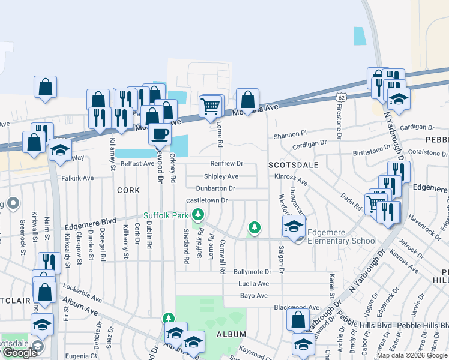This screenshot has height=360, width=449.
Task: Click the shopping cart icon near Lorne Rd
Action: pos(209,107)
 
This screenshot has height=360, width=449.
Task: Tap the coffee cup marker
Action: pos(160,133)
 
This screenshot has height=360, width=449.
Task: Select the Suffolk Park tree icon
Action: pos(197,214)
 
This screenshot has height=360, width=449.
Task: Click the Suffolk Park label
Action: pos(166,215)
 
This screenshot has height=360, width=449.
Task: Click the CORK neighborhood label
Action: pos(128,190)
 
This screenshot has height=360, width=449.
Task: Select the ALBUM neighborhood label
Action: pos(231,334)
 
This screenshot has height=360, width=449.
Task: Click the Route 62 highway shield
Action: pos(340,97)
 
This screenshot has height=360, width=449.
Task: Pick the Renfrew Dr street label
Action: pos(226,163)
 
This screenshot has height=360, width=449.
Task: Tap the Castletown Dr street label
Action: pos(207,200)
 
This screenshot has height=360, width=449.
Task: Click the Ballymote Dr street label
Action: pos(252,272)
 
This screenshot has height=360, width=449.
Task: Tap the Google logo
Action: pos(19,353)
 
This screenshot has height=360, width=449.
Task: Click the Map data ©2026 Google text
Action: pos(412,355)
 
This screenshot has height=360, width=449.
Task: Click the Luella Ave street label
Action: pos(253,283)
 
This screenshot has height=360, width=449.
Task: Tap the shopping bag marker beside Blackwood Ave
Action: pos(298,320)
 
